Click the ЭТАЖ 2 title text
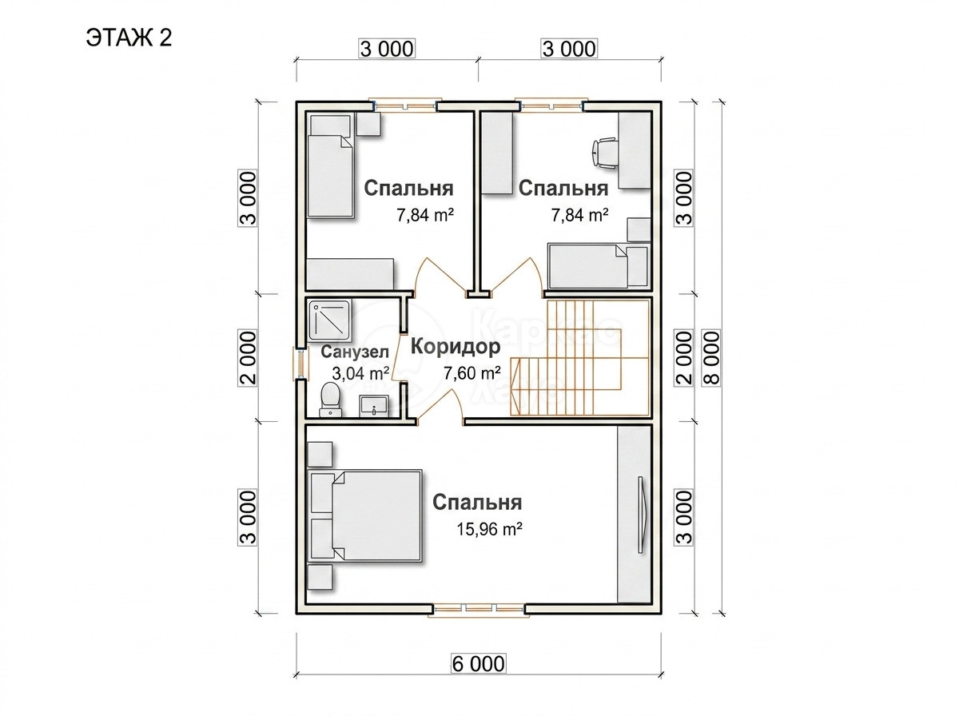129,38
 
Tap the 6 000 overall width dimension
478,663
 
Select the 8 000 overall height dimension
711,358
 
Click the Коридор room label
456,347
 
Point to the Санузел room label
355,352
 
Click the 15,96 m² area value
489,529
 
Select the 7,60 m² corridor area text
472,373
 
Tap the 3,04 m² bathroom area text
361,373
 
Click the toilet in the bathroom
330,400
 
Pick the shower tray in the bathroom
329,320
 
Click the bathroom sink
374,405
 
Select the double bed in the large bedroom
365,515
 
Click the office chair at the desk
604,153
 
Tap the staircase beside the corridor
581,358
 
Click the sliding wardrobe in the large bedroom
634,514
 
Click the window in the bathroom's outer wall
300,364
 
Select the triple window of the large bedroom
479,608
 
